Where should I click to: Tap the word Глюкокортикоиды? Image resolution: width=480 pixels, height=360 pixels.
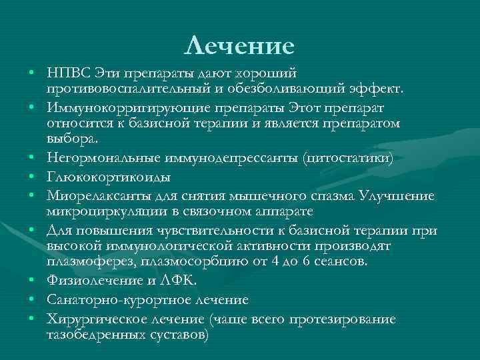coord(108,177)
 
